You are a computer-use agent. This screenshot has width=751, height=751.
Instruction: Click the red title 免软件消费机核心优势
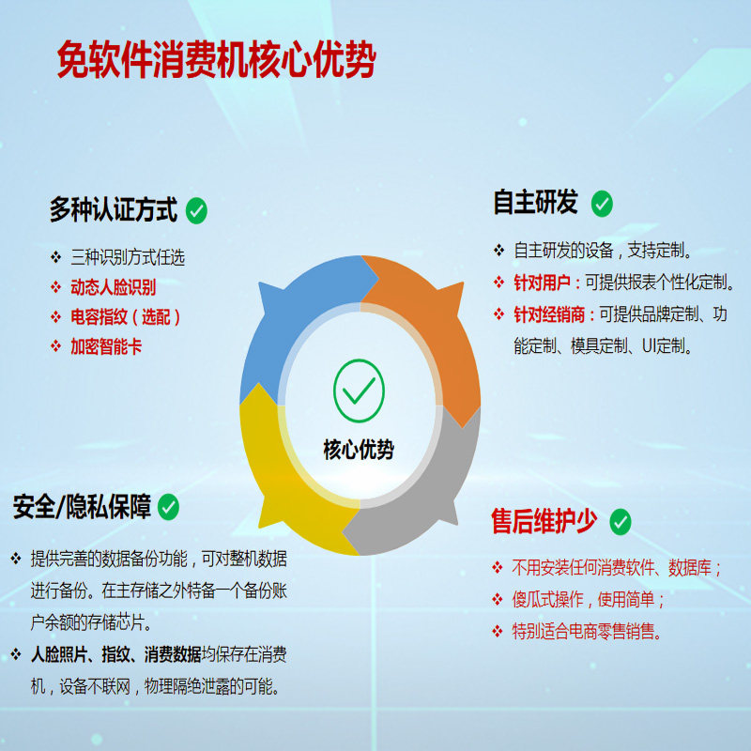(x=217, y=61)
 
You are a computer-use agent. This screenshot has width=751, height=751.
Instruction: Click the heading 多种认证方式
(x=113, y=209)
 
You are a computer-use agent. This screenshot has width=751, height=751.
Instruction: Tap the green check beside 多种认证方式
(x=196, y=210)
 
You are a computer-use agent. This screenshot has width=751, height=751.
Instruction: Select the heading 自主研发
(x=536, y=203)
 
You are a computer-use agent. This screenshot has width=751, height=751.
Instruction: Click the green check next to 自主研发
(x=602, y=204)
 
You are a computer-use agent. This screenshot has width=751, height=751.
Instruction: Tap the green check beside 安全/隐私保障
(x=168, y=508)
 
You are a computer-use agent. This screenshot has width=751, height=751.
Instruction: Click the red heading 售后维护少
(x=544, y=521)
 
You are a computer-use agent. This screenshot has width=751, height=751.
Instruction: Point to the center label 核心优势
(x=359, y=449)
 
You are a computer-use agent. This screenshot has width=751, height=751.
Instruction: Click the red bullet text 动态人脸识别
(x=114, y=287)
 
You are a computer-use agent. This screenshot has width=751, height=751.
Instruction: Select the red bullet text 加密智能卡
(x=107, y=345)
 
